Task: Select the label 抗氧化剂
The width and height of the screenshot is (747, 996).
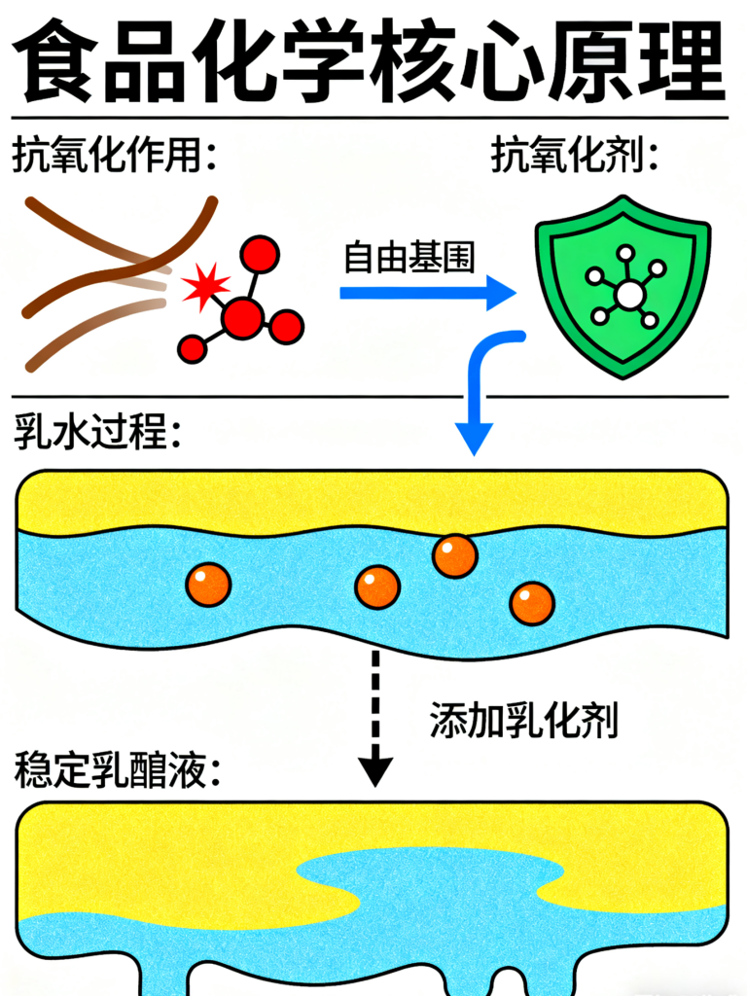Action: pyautogui.click(x=575, y=156)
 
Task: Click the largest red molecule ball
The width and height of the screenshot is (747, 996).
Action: pyautogui.click(x=242, y=317)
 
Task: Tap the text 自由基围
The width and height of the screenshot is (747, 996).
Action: pyautogui.click(x=409, y=258)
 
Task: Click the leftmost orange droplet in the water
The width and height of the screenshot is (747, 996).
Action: pyautogui.click(x=208, y=585)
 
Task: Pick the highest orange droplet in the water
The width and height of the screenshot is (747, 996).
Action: pyautogui.click(x=454, y=555)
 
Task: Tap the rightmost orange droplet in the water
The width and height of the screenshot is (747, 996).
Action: pyautogui.click(x=532, y=603)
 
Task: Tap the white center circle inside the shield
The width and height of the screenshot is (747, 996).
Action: pyautogui.click(x=629, y=294)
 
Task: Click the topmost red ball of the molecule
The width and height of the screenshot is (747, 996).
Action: pyautogui.click(x=260, y=255)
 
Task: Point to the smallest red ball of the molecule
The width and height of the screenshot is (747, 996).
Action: pyautogui.click(x=193, y=348)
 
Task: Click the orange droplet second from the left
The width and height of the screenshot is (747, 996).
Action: pyautogui.click(x=377, y=587)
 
